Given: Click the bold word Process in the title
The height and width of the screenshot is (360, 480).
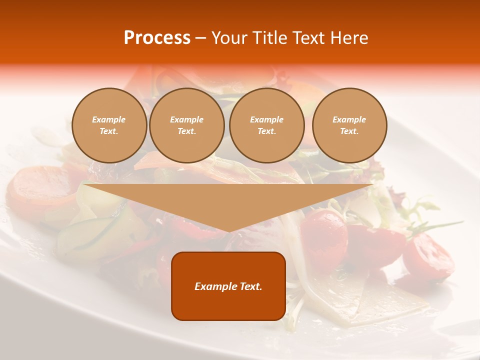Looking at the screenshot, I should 157,38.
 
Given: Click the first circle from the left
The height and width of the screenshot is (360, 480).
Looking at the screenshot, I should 109,125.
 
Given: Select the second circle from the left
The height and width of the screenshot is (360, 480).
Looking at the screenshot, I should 187,125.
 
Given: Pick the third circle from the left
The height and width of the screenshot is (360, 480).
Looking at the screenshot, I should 267,125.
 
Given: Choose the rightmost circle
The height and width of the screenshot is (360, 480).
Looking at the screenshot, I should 349,125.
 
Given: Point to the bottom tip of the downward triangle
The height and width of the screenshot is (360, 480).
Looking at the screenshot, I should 229,231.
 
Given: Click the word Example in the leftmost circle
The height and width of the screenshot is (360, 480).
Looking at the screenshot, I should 109,119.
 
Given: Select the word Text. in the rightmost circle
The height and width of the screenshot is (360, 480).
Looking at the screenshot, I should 349,131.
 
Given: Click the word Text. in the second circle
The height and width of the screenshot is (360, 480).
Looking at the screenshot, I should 187,131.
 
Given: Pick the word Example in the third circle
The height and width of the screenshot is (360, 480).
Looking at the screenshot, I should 267,119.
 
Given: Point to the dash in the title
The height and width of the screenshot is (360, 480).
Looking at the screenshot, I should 200,38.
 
